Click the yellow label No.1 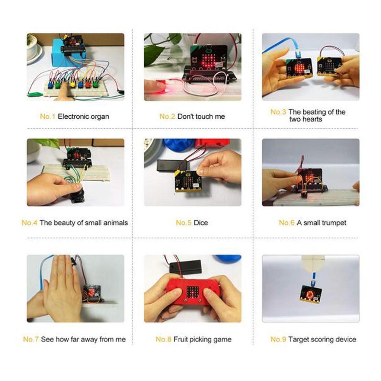(47, 116)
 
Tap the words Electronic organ (83, 116)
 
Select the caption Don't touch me (201, 116)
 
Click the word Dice (201, 223)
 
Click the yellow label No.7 (31, 339)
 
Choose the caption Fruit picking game (202, 339)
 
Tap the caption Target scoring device (322, 339)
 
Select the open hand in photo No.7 (61, 288)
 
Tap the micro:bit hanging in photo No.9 (310, 294)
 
